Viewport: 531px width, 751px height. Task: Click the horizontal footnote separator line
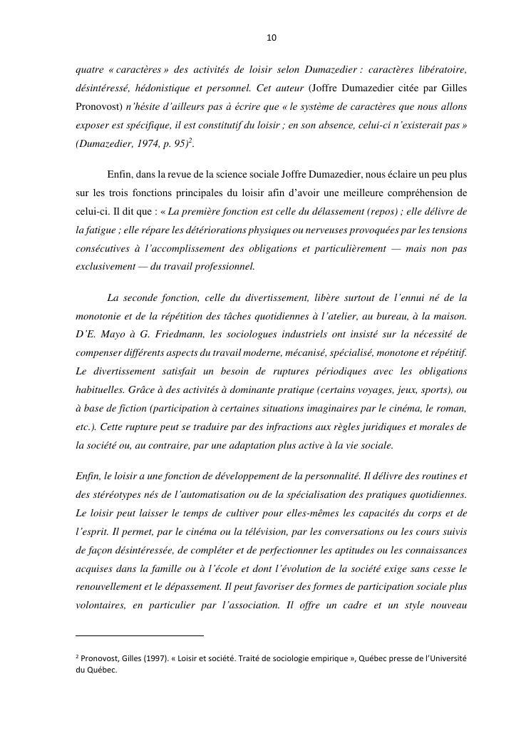pyautogui.click(x=139, y=635)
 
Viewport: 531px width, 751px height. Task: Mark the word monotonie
pyautogui.click(x=101, y=315)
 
